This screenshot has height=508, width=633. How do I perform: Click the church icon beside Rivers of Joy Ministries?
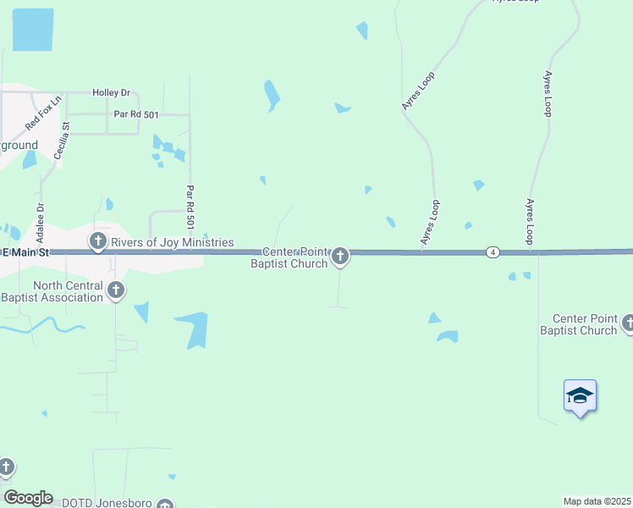click(98, 241)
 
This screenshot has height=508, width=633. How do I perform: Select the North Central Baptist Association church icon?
click(116, 290)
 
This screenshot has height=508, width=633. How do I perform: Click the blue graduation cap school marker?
click(580, 395)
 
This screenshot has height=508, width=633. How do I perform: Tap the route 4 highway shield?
click(492, 252)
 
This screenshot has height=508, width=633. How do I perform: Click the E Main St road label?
click(27, 252)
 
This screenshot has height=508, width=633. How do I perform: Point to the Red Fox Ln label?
click(44, 113)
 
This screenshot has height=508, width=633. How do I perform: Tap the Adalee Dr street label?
click(40, 218)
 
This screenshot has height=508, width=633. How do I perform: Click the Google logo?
click(28, 497)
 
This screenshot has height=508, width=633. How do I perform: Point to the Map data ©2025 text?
click(597, 501)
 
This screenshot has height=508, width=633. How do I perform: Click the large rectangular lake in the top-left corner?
click(33, 30)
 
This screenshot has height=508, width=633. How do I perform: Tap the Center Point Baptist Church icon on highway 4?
click(340, 255)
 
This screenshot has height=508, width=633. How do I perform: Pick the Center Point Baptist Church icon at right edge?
click(627, 323)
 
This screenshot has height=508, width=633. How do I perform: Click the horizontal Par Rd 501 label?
click(137, 113)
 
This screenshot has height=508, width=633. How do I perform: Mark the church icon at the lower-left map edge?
click(6, 467)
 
